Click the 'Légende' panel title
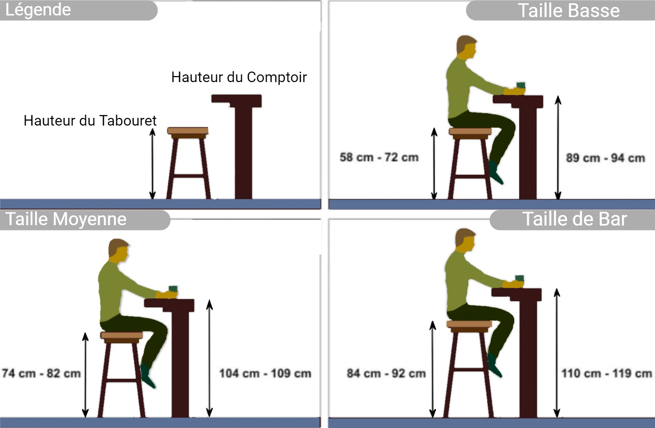[38, 10]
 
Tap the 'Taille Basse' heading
[569, 11]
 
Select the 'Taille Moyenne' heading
[66, 219]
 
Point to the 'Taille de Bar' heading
[574, 219]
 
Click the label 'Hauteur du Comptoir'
[239, 77]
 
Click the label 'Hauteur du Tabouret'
[90, 120]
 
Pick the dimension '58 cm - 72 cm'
[379, 157]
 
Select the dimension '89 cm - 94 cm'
[605, 158]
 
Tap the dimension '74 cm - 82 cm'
[41, 374]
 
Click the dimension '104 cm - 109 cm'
[265, 374]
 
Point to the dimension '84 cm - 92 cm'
[386, 374]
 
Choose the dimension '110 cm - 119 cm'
[607, 374]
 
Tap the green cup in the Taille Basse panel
[521, 85]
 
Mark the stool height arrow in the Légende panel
[152, 164]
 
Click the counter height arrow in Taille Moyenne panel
[210, 358]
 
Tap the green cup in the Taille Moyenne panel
[173, 289]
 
